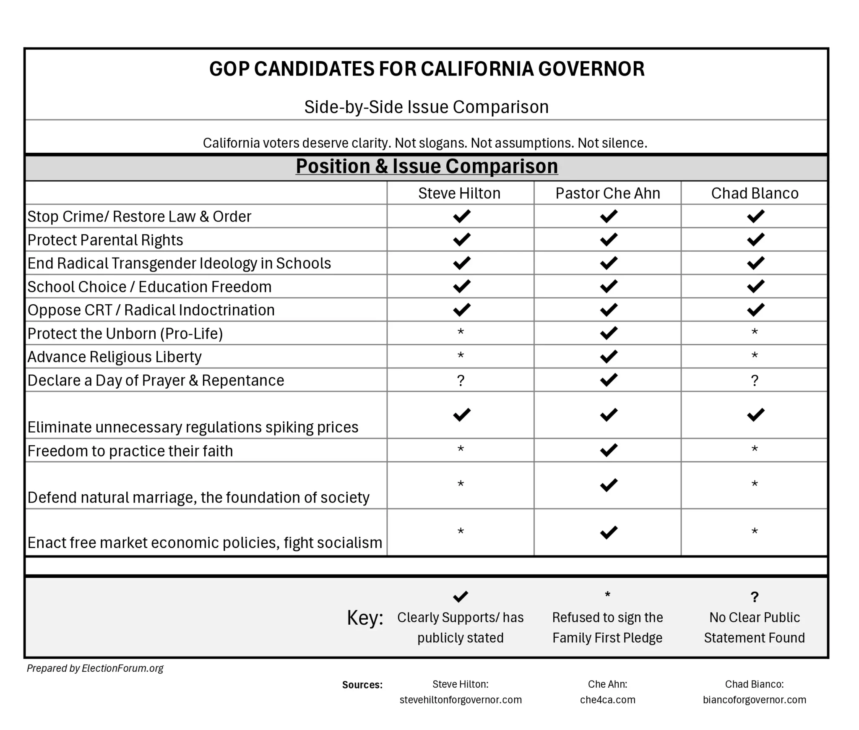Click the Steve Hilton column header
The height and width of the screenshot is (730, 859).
click(x=459, y=193)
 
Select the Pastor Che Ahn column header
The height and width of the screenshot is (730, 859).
click(x=608, y=193)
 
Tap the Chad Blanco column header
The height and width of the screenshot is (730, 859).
click(x=755, y=193)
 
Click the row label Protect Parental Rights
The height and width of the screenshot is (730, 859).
click(x=105, y=240)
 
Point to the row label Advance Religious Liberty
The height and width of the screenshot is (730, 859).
click(x=115, y=357)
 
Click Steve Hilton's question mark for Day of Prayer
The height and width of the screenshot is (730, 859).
click(x=461, y=381)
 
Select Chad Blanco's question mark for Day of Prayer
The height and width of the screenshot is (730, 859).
click(x=755, y=381)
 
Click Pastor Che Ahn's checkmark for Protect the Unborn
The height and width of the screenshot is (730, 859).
click(x=608, y=333)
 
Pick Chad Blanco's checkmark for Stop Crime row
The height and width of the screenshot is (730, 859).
click(x=755, y=216)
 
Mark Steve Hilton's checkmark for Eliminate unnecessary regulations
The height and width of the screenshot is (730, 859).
click(x=461, y=415)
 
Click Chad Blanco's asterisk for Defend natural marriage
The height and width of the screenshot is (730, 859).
click(x=755, y=485)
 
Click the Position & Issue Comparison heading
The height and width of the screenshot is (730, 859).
click(x=427, y=167)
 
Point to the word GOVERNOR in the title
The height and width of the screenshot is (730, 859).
click(x=591, y=69)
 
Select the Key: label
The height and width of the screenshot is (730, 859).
click(x=365, y=618)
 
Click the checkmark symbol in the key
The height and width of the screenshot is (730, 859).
click(x=461, y=596)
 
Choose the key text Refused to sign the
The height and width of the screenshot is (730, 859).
click(x=607, y=618)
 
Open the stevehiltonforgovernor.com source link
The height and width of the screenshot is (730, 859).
click(x=461, y=700)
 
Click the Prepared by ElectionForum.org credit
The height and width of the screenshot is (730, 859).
click(x=95, y=668)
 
